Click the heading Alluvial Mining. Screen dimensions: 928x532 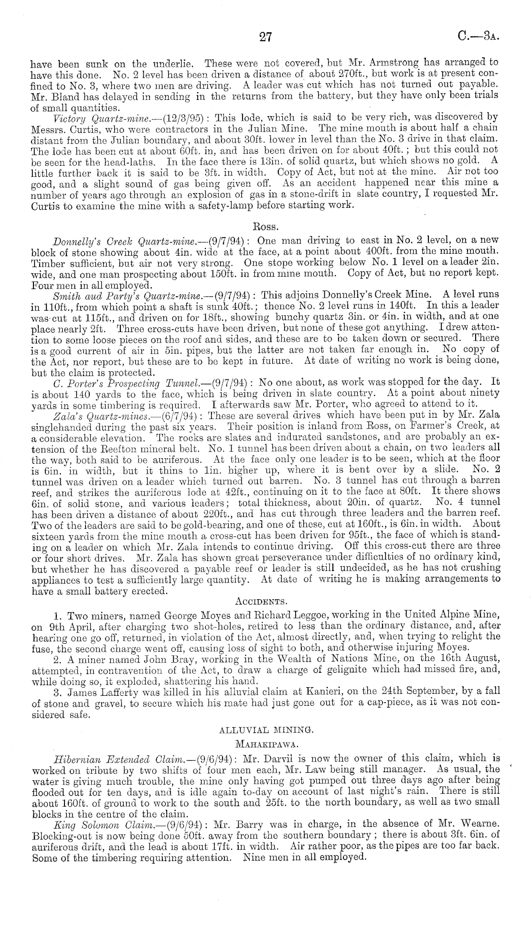pos(266,729)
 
